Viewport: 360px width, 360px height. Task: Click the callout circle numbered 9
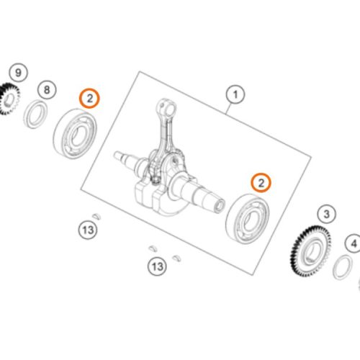tap(18, 73)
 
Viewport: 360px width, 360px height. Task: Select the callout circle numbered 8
tap(47, 90)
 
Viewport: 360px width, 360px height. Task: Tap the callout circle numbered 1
tap(235, 94)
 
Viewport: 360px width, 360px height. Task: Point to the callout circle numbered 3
tap(326, 214)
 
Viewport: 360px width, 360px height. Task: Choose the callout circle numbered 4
tap(354, 244)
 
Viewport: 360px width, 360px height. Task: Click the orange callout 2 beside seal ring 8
tap(89, 98)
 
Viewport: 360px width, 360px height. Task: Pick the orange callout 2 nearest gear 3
tap(261, 183)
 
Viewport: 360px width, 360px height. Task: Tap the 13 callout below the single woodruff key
tap(88, 230)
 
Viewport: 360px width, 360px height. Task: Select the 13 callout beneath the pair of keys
tap(157, 266)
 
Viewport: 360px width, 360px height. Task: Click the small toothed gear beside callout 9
tap(9, 99)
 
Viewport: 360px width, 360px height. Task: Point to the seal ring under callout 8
tap(35, 114)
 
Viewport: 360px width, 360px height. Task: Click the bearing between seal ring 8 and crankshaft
tap(75, 133)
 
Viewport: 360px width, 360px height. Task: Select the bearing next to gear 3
tap(248, 219)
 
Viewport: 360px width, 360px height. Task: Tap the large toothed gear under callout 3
tap(310, 251)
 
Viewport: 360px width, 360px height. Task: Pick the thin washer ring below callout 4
tap(343, 268)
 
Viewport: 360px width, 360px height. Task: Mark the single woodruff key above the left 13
tap(96, 215)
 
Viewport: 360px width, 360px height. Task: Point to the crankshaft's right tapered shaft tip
tap(220, 205)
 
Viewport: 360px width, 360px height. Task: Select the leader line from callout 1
tap(229, 108)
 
